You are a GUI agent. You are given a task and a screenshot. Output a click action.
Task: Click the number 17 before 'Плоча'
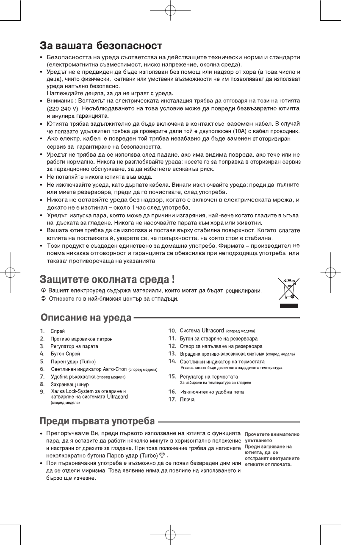pyautogui.click(x=172, y=399)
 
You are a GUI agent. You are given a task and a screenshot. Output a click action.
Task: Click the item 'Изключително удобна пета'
pyautogui.click(x=212, y=392)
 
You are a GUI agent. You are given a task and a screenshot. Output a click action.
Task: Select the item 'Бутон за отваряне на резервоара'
pyautogui.click(x=219, y=338)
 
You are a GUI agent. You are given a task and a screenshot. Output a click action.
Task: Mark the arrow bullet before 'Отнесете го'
pyautogui.click(x=43, y=299)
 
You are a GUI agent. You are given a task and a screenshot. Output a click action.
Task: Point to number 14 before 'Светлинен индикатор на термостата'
pyautogui.click(x=172, y=361)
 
